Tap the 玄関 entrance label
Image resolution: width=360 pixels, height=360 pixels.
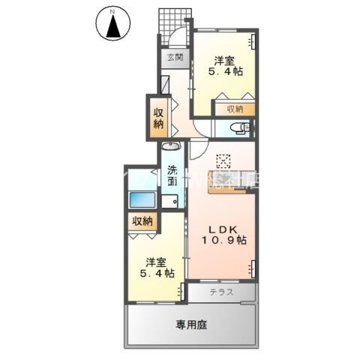175,57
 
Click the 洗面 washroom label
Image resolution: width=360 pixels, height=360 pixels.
172,175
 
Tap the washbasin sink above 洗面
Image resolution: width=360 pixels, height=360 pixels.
170,147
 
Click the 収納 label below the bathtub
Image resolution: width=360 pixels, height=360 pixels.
142,221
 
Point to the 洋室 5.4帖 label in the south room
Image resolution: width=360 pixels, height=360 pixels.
155,269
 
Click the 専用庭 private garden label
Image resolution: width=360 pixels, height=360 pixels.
192,325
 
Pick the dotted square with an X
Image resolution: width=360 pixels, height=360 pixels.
223,161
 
